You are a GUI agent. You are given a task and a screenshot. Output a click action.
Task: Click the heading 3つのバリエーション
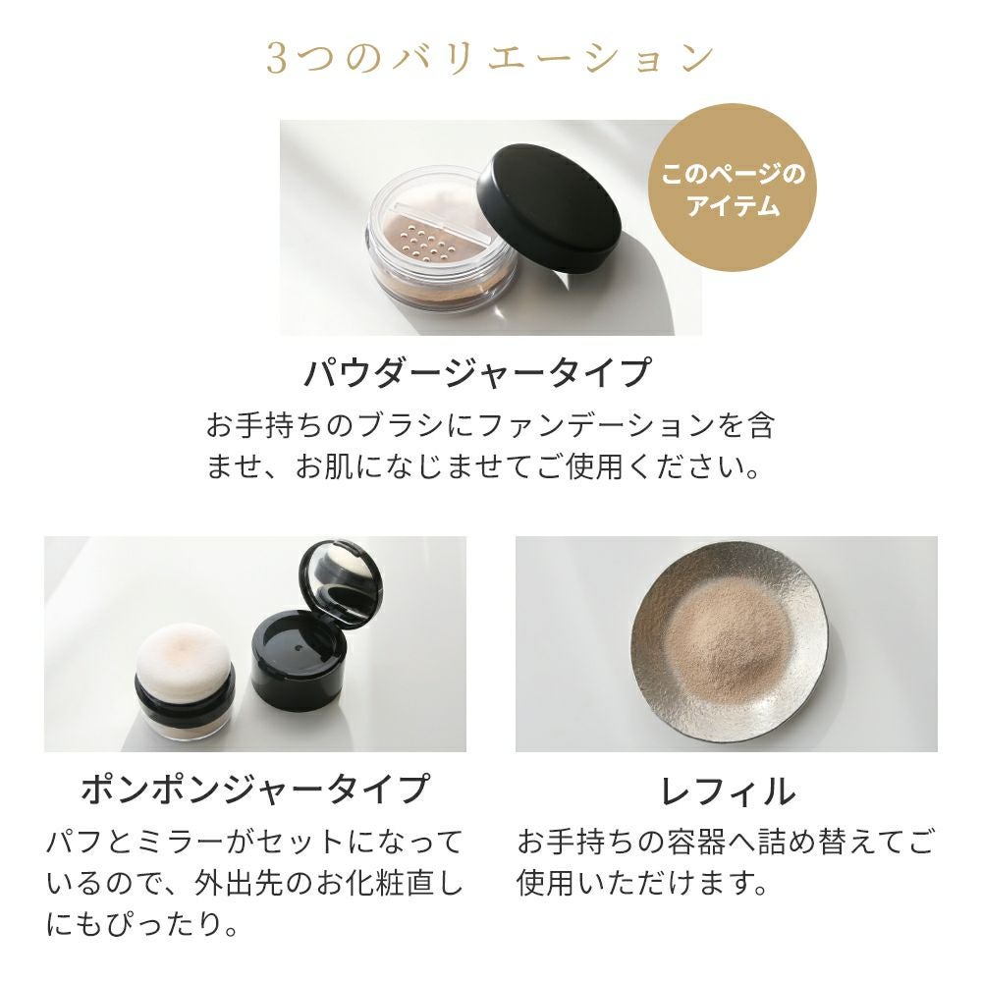coord(490,59)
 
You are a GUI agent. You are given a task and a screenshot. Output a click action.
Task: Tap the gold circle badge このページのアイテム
coord(733,188)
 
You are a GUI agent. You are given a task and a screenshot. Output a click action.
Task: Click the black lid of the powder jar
coord(549,208)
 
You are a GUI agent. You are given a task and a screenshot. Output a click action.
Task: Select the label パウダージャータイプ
coord(477,371)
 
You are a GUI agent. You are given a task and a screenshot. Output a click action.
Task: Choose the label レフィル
coord(728,790)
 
